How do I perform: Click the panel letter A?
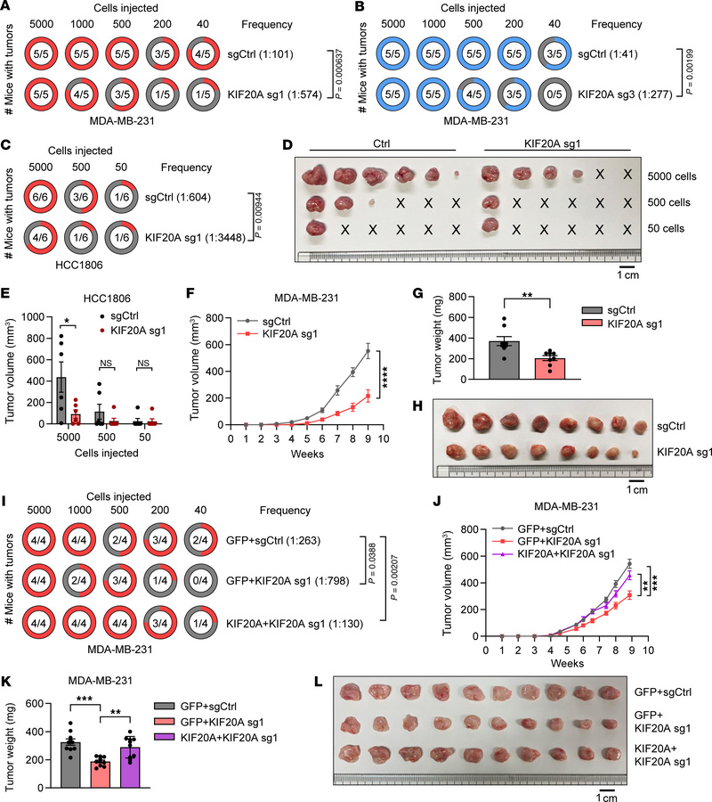[x=11, y=8]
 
